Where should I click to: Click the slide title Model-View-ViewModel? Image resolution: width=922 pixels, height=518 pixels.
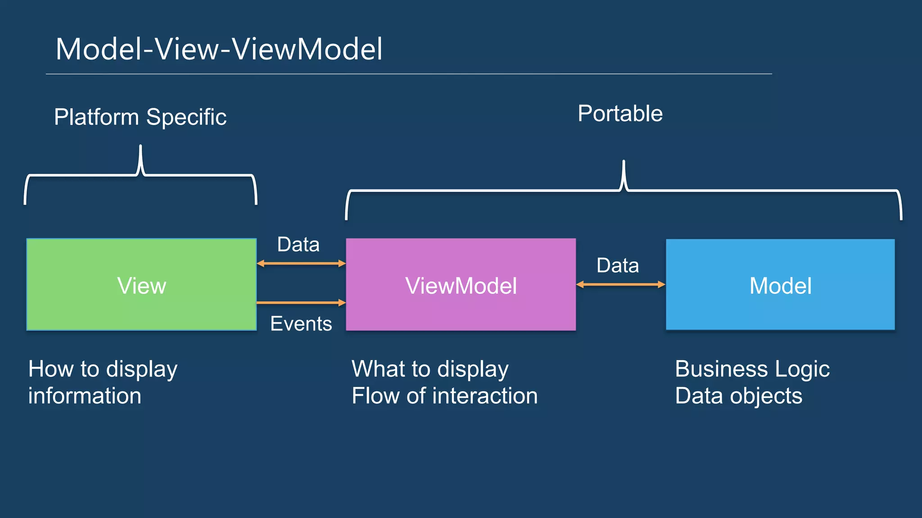pos(219,49)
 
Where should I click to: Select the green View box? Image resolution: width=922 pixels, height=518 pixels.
pos(141,285)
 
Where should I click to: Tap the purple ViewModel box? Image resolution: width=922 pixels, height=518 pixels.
pos(461,285)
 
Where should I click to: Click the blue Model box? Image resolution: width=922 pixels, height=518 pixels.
pos(780,285)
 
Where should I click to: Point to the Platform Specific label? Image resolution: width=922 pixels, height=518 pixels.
pos(140,117)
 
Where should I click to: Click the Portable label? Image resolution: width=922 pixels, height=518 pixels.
pos(620,113)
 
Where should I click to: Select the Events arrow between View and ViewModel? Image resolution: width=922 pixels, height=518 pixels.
pos(301,303)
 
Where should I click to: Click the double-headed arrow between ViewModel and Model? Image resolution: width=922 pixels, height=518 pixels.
pos(620,284)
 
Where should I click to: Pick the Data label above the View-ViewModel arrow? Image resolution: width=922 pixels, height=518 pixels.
pos(298,245)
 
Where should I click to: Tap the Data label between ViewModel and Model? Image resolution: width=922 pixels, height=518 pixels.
pos(617,265)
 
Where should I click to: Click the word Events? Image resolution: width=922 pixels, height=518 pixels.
pos(301,324)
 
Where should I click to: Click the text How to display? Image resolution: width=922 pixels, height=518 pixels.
pos(103,369)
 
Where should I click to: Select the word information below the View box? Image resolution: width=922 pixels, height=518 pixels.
pos(85,396)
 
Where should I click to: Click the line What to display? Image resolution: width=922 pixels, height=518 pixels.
pos(430,369)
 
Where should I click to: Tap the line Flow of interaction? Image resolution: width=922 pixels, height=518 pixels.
pos(444,396)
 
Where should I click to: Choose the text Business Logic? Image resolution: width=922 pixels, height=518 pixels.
pos(752,369)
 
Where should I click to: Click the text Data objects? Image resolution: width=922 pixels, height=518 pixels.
pos(738,396)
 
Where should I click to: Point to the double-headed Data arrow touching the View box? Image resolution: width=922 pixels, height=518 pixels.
pos(301,263)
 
